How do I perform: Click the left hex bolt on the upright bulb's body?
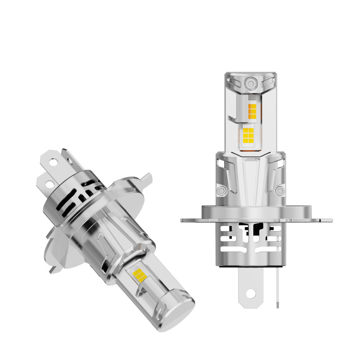pos(220,191)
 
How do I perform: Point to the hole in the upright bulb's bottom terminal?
pos(250,294)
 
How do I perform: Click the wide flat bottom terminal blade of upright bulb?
pos(250,288)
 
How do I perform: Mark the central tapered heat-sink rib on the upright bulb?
pos(250,180)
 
